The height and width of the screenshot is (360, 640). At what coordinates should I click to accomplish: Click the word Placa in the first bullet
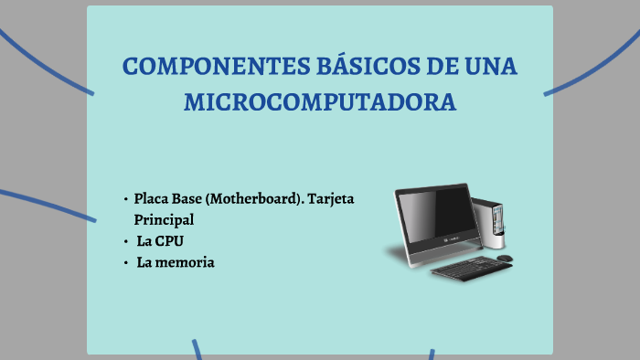tap(152, 198)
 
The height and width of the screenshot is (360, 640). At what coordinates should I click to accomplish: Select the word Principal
tap(164, 220)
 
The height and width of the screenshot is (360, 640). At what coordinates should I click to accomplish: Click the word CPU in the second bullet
tap(170, 241)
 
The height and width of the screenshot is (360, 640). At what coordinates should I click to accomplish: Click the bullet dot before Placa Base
tap(124, 199)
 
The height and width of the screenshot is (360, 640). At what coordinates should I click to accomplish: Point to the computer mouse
tap(504, 258)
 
